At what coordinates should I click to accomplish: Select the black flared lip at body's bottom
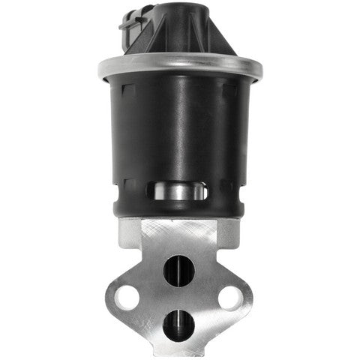(x=180, y=210)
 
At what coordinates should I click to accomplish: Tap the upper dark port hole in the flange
(x=179, y=269)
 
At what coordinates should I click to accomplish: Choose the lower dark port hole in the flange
(x=179, y=323)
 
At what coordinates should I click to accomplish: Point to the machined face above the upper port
(x=179, y=236)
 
